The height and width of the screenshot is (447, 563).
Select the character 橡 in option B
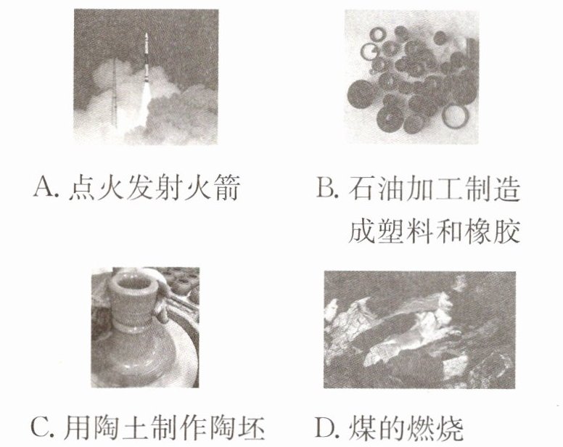click(x=477, y=230)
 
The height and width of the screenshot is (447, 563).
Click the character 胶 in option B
click(x=506, y=230)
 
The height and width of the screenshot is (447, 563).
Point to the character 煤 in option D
click(x=362, y=427)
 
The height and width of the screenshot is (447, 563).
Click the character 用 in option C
click(x=77, y=427)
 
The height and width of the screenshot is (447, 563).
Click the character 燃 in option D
click(x=421, y=427)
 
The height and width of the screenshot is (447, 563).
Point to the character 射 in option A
click(x=169, y=187)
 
